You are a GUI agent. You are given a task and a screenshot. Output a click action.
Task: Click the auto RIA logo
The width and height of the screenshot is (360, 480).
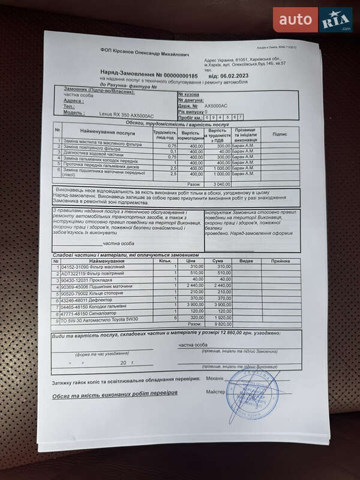[313, 20]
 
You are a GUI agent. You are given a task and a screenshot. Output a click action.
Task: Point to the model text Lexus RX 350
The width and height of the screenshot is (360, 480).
[111, 113]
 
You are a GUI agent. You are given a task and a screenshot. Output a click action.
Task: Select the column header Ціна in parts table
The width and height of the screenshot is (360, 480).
[191, 261]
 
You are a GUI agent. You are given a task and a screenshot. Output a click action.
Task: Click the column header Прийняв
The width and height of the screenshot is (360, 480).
[280, 261]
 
